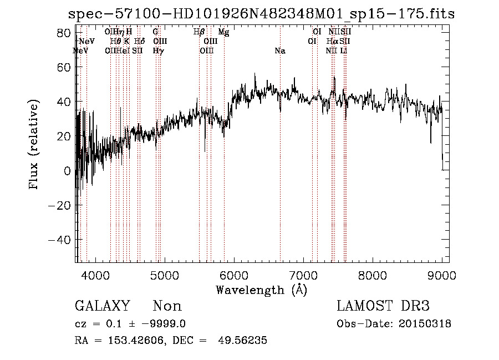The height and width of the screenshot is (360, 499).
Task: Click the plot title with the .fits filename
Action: tap(261, 14)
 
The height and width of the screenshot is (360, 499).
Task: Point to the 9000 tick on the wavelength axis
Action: tap(442, 275)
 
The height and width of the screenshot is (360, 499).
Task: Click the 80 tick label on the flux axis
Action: tap(64, 33)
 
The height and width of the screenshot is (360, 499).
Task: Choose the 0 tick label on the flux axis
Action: tap(68, 171)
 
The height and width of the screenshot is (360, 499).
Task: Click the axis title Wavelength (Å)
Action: tap(261, 290)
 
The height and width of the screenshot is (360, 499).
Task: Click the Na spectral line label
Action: tap(280, 51)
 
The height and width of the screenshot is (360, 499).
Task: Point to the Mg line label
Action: tap(223, 32)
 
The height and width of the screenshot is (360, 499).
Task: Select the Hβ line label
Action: tap(199, 32)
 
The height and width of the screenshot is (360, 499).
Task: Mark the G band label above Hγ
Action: tap(155, 32)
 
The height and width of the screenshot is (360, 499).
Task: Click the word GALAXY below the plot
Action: tap(103, 306)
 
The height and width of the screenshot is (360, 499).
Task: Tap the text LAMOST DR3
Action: tap(383, 306)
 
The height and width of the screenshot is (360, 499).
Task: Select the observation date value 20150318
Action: tap(427, 324)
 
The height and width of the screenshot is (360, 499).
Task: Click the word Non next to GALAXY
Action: tap(167, 306)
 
